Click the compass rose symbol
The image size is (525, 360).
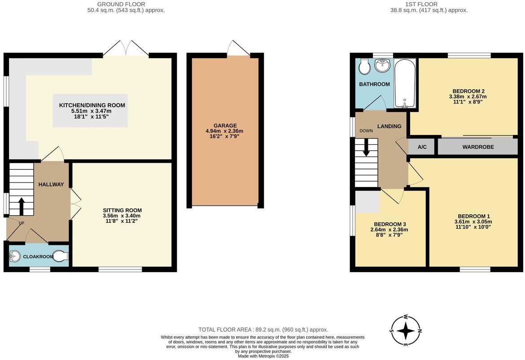(406, 330)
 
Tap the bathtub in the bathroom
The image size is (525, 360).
(405, 83)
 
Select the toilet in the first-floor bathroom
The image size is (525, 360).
(365, 66)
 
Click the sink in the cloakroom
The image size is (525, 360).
(15, 256)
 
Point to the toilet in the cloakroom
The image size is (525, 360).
(62, 256)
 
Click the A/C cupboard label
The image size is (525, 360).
(422, 147)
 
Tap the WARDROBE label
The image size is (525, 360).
(478, 147)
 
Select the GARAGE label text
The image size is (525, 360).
(225, 126)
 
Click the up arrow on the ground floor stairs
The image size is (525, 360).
(21, 205)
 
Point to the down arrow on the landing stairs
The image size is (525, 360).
(366, 148)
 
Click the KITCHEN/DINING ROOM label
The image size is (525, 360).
(92, 105)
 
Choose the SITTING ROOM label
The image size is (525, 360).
(122, 210)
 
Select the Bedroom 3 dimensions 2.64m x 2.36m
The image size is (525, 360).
(389, 230)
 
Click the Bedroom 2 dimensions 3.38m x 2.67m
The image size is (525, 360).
(468, 96)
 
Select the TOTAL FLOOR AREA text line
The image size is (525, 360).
(263, 330)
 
